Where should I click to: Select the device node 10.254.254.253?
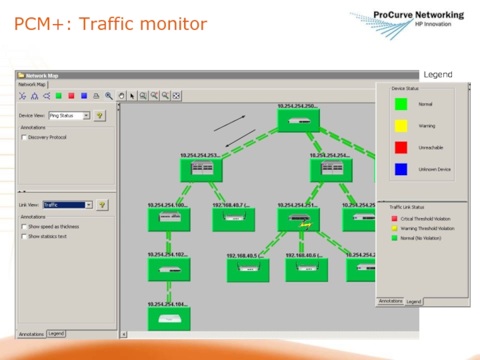click(201, 170)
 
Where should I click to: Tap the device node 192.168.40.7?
click(233, 220)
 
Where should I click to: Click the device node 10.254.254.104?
click(169, 319)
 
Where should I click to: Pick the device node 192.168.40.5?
click(248, 270)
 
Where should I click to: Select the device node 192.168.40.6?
click(306, 269)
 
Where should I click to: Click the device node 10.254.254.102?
click(169, 269)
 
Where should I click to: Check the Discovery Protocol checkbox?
click(24, 137)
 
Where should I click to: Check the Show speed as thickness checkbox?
click(24, 227)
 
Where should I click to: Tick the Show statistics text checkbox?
click(24, 236)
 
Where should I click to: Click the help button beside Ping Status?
click(100, 115)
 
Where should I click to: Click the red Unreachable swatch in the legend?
click(401, 148)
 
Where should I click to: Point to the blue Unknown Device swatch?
click(401, 169)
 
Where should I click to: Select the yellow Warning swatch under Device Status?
click(401, 126)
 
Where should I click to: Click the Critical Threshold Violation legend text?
click(425, 219)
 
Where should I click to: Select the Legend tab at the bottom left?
click(56, 334)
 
